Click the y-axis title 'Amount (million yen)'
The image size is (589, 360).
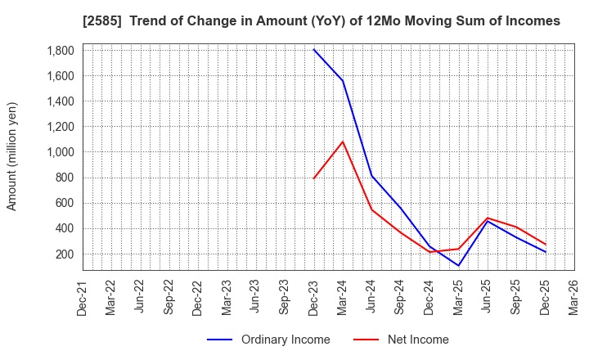click(x=12, y=156)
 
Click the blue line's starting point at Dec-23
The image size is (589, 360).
click(x=314, y=50)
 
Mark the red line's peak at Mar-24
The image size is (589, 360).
click(x=343, y=142)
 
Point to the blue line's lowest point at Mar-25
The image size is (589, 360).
click(x=459, y=266)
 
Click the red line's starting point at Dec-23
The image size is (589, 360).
click(x=314, y=178)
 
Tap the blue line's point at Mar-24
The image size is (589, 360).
click(x=343, y=81)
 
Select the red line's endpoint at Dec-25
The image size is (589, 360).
click(x=546, y=244)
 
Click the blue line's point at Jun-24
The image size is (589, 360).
click(x=372, y=176)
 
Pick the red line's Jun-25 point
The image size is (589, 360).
click(x=488, y=218)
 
